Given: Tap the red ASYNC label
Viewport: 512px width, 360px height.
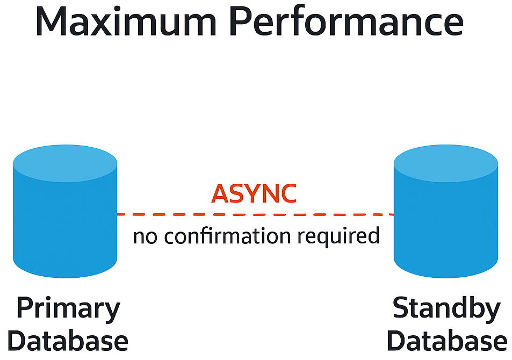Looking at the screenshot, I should [x=254, y=194].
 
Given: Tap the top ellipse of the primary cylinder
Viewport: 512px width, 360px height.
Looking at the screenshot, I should [x=65, y=162].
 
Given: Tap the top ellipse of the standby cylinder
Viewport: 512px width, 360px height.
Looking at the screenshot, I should [x=446, y=162].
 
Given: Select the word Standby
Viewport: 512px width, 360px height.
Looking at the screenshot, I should [x=446, y=311].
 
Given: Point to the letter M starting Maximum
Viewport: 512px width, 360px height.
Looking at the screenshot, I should [x=54, y=23].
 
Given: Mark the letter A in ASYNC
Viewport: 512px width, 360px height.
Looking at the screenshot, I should [x=221, y=194].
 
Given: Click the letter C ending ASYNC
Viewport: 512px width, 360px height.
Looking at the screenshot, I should [x=287, y=194].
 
